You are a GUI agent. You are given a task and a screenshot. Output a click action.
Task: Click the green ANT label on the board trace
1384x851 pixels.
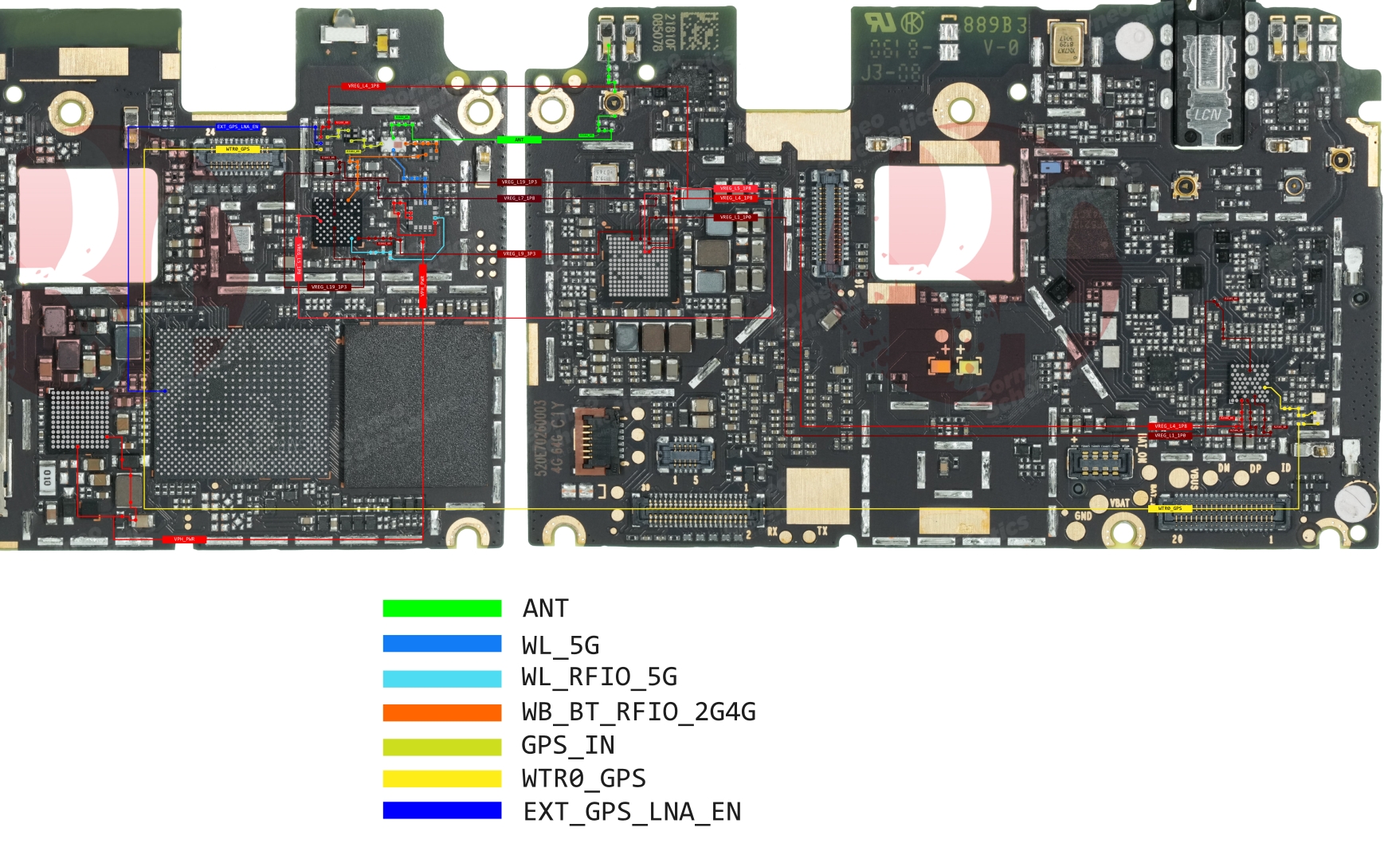(519, 139)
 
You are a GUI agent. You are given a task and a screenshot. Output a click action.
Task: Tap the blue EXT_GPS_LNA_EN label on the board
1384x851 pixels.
(237, 127)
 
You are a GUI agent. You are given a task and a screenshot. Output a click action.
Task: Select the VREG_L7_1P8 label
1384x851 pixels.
(519, 198)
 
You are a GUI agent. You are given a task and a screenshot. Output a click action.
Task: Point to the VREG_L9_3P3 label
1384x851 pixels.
(519, 253)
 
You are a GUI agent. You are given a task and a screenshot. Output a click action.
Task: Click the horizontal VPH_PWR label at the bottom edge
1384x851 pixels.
(184, 539)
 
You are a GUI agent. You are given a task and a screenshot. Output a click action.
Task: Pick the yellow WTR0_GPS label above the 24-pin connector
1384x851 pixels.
(237, 149)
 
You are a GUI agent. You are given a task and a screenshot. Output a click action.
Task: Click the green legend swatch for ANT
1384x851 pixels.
(441, 608)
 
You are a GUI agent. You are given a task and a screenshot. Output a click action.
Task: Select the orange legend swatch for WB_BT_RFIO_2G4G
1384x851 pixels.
(441, 712)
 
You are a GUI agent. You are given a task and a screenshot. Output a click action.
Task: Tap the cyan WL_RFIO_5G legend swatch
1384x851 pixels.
(441, 678)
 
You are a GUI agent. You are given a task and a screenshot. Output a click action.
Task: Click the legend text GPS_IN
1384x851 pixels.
(567, 746)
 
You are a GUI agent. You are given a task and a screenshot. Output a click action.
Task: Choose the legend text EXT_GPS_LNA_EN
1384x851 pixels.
(632, 812)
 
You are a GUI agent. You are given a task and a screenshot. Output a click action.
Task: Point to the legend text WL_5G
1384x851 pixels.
(560, 645)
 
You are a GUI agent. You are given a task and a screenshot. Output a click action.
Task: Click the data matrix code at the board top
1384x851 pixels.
(699, 32)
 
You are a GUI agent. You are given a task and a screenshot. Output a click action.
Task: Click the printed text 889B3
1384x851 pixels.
(994, 24)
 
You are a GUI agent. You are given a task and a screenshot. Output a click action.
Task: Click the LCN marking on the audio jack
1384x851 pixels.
(1207, 115)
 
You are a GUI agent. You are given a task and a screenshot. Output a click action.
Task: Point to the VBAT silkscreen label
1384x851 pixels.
(1120, 503)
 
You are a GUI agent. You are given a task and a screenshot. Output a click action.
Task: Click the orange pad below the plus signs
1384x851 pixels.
(940, 367)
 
